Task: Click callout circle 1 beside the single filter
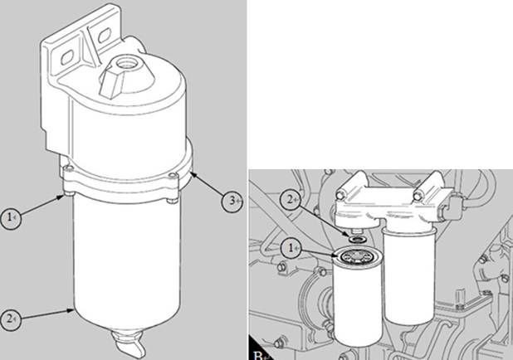click(x=11, y=218)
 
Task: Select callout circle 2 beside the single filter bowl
click(x=11, y=319)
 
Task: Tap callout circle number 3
click(x=232, y=201)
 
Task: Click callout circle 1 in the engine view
click(x=291, y=249)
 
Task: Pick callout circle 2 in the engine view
click(x=291, y=200)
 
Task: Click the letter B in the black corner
click(x=258, y=356)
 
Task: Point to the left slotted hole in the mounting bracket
click(x=67, y=58)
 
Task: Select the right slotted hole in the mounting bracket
click(x=105, y=36)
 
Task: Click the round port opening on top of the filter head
click(x=125, y=62)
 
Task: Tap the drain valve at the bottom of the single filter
click(x=129, y=344)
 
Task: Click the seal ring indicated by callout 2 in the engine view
click(x=356, y=240)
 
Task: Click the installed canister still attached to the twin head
click(x=409, y=275)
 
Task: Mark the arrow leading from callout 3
click(x=208, y=186)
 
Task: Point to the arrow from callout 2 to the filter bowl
click(x=46, y=314)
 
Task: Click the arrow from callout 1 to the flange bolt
click(x=42, y=206)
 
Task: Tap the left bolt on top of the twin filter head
click(x=340, y=196)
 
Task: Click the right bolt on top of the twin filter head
click(x=418, y=197)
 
